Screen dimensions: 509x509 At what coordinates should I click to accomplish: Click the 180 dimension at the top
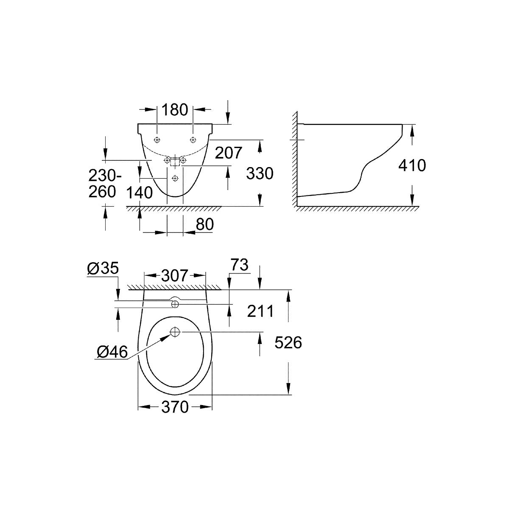coord(175,110)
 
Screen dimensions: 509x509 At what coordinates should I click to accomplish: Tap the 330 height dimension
coord(260,173)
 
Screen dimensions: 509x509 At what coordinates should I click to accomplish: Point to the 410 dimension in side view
coord(412,165)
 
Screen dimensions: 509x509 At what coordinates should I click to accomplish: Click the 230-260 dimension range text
coord(102,183)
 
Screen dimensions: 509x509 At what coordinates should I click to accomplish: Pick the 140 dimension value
coord(139,193)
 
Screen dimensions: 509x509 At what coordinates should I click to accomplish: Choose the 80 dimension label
coord(204,225)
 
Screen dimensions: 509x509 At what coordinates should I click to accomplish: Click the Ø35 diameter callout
coord(103,269)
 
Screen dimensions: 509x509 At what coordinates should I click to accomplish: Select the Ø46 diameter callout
coord(112,352)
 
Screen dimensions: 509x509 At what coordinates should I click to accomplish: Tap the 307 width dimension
coord(175,276)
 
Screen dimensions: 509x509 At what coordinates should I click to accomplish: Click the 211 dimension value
coord(260,311)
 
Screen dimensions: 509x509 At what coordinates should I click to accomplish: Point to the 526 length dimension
coord(288,342)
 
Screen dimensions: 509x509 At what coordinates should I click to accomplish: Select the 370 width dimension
coord(175,407)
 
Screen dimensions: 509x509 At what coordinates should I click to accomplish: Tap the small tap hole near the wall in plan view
coord(174,304)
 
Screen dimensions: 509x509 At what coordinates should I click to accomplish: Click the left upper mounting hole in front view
coord(157,140)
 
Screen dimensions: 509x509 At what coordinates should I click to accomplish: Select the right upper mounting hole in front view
coord(193,140)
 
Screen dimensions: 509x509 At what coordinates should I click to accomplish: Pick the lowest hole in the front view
coord(175,178)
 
